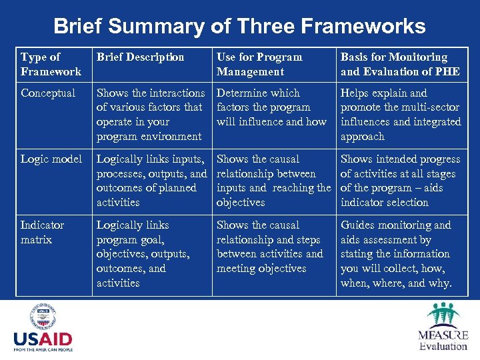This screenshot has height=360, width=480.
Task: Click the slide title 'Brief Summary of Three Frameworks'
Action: pos(239,26)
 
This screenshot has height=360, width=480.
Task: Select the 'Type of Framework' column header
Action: pos(51,64)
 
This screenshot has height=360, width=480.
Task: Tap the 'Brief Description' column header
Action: pos(140,57)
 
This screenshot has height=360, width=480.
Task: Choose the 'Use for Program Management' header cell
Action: pos(259,64)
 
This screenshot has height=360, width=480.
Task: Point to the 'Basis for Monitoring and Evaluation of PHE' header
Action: pos(400,64)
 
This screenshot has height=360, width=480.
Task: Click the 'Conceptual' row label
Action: pos(48,93)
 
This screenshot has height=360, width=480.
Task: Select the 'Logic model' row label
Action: pos(51,159)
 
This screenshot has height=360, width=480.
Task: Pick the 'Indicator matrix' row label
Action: pos(43,232)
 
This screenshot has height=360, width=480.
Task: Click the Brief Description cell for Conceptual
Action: pos(151,115)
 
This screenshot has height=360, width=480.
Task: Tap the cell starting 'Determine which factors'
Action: pos(271,107)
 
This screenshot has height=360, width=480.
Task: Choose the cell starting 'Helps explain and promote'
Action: pos(401,115)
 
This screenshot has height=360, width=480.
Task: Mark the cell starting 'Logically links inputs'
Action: pos(151,181)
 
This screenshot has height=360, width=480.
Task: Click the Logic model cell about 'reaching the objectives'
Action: pos(273,181)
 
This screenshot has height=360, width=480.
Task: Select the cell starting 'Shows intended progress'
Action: pos(400,181)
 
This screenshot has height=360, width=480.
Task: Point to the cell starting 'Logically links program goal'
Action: pos(143,254)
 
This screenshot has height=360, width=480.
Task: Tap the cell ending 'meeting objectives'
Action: pos(269,247)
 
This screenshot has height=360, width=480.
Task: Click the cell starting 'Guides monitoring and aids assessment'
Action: pos(396,254)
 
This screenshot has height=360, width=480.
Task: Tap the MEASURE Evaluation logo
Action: pos(442,327)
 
